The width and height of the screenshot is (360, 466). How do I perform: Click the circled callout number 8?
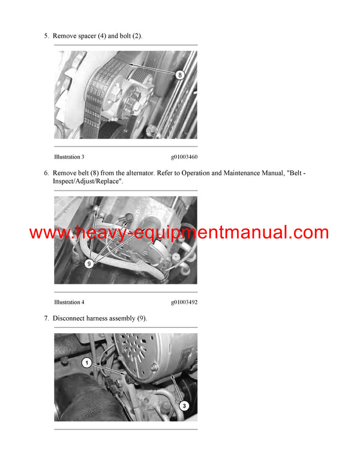(179, 75)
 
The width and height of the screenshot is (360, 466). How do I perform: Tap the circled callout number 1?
(86, 363)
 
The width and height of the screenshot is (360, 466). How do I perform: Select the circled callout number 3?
(184, 405)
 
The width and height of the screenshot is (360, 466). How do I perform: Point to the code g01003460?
(184, 157)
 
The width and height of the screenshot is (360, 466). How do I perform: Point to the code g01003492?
(184, 302)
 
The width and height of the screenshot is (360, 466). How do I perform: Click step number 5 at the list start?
(46, 36)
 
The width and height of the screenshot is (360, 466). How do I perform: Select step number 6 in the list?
(46, 173)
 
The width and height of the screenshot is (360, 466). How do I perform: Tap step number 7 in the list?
(46, 318)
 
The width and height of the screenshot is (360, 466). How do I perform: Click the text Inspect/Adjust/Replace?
(88, 181)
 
